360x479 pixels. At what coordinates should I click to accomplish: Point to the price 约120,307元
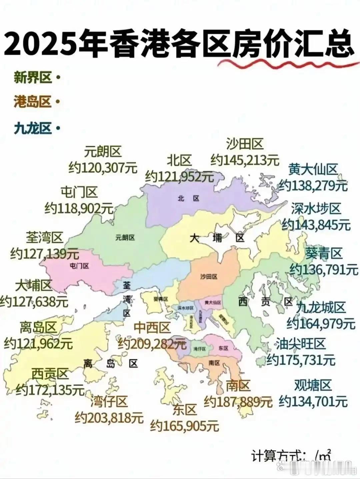pyautogui.click(x=103, y=168)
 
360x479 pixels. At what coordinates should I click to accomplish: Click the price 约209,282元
pyautogui.click(x=152, y=343)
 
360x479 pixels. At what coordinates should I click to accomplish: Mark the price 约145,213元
pyautogui.click(x=245, y=160)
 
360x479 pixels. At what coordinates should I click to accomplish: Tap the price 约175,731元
pyautogui.click(x=301, y=360)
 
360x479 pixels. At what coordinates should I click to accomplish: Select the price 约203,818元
pyautogui.click(x=109, y=417)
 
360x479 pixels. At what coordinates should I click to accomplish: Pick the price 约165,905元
pyautogui.click(x=185, y=425)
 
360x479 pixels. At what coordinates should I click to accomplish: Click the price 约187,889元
pyautogui.click(x=238, y=402)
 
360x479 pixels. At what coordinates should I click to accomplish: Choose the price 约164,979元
pyautogui.click(x=321, y=323)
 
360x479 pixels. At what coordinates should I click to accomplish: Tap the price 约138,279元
pyautogui.click(x=313, y=185)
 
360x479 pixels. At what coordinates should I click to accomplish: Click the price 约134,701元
pyautogui.click(x=313, y=401)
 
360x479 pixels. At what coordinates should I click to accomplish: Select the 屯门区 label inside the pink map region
pyautogui.click(x=80, y=265)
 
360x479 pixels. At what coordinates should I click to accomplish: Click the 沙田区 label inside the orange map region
pyautogui.click(x=209, y=277)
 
